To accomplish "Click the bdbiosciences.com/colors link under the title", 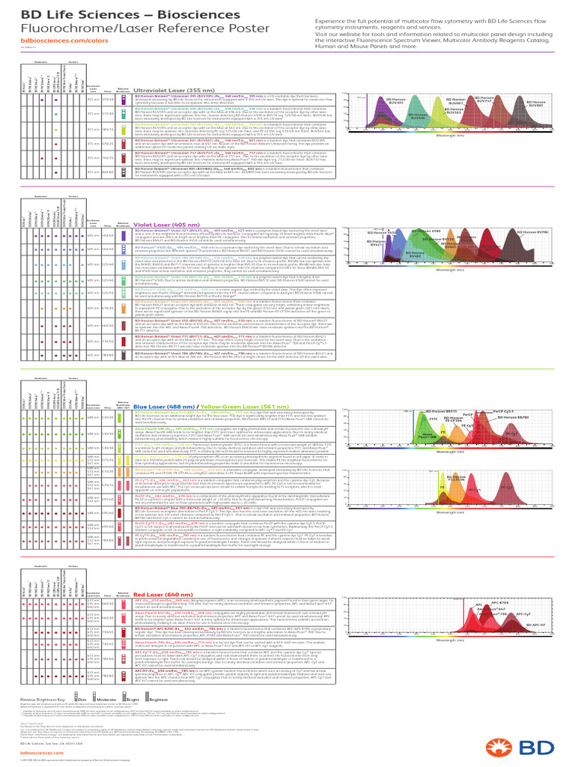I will coord(50,40).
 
